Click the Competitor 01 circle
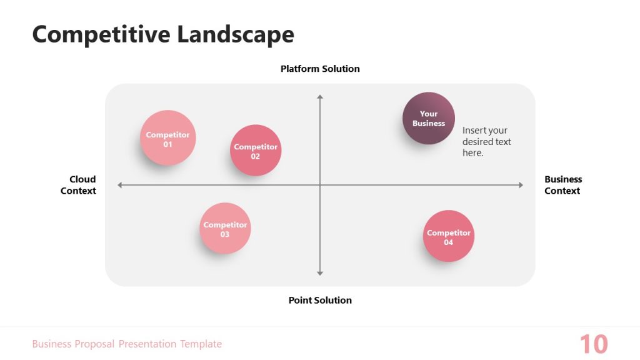(167, 138)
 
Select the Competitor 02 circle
(256, 151)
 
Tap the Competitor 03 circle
(225, 229)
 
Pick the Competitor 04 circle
(449, 236)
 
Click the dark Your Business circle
(429, 118)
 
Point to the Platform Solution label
(320, 69)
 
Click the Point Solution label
(320, 300)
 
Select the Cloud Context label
(78, 185)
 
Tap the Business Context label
(562, 185)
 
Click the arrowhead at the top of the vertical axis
(320, 97)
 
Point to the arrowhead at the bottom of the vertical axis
(320, 272)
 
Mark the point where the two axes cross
(320, 185)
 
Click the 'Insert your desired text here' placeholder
(486, 142)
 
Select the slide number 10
(593, 344)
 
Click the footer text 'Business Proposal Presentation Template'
(127, 344)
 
